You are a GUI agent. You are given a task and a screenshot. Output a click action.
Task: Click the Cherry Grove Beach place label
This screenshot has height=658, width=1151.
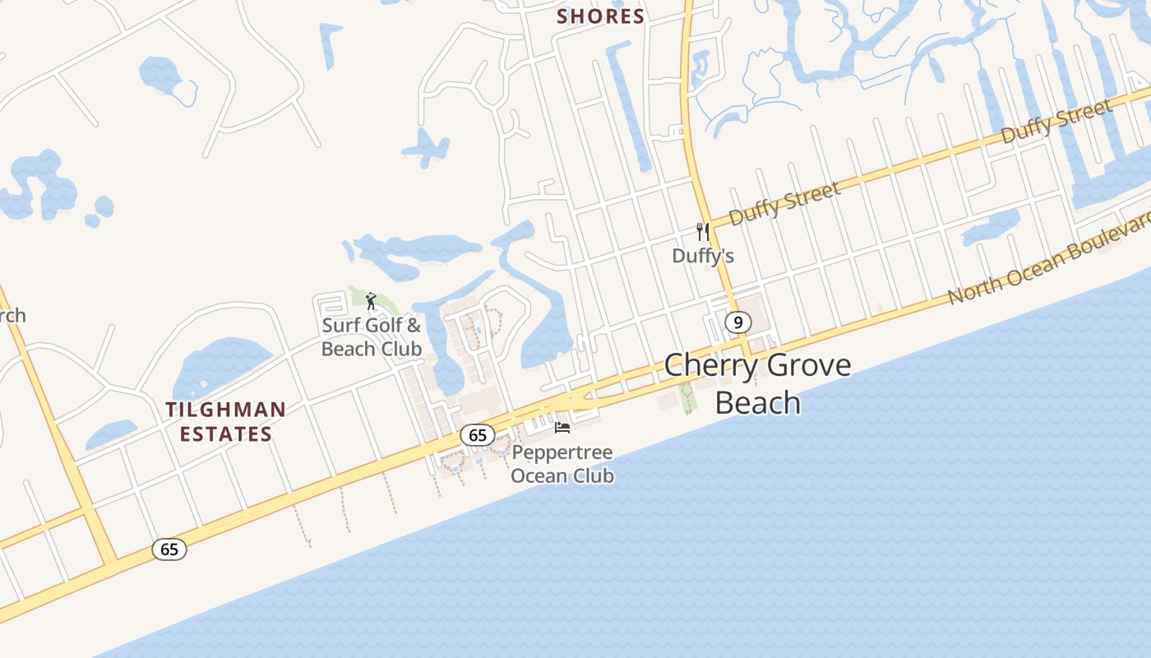click(757, 383)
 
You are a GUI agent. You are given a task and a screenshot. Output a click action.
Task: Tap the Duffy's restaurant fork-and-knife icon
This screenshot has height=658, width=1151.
click(703, 232)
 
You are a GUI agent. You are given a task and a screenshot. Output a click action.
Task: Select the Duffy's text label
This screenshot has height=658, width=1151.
click(703, 256)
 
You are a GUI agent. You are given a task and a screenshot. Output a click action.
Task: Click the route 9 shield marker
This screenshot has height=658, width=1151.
click(738, 322)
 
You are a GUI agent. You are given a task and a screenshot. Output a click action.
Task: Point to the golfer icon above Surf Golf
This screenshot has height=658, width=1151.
click(371, 301)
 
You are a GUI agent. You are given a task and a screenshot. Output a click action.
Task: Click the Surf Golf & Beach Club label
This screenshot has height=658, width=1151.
click(372, 337)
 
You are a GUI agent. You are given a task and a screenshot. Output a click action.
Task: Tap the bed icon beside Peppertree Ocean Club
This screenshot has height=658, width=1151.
click(562, 427)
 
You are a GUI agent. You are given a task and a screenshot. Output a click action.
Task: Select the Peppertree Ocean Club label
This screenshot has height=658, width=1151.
click(562, 465)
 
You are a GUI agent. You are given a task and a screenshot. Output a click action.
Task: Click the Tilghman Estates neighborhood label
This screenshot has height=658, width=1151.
click(226, 422)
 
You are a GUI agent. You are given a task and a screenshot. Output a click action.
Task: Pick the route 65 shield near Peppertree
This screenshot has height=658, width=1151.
click(478, 435)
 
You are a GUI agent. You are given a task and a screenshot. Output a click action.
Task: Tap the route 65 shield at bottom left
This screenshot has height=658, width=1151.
click(169, 549)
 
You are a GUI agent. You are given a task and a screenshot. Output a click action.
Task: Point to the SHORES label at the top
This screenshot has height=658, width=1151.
click(601, 16)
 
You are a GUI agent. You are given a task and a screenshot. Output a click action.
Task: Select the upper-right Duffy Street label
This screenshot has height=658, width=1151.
click(1057, 121)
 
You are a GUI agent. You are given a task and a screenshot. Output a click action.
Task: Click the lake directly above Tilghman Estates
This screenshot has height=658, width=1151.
click(218, 364)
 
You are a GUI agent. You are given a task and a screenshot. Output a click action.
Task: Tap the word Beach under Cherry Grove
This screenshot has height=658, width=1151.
click(757, 403)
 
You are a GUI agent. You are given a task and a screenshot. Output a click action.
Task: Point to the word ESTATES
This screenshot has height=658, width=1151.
click(226, 434)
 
